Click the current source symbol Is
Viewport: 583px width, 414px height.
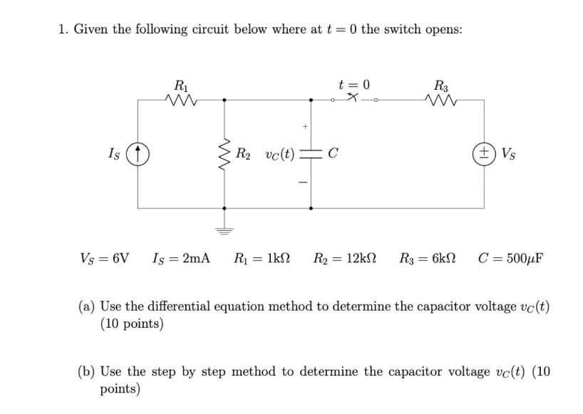[138, 152]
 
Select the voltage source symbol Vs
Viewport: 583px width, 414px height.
[484, 152]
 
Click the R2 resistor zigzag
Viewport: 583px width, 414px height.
[225, 152]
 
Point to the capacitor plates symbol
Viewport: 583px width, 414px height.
[310, 152]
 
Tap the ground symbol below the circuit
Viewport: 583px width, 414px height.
[225, 230]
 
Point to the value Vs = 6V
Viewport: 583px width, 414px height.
[103, 257]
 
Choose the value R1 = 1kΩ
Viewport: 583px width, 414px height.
[263, 257]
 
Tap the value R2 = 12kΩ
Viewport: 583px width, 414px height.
[345, 257]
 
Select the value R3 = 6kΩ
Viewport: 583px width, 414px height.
[428, 257]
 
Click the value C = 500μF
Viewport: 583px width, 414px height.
[511, 257]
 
